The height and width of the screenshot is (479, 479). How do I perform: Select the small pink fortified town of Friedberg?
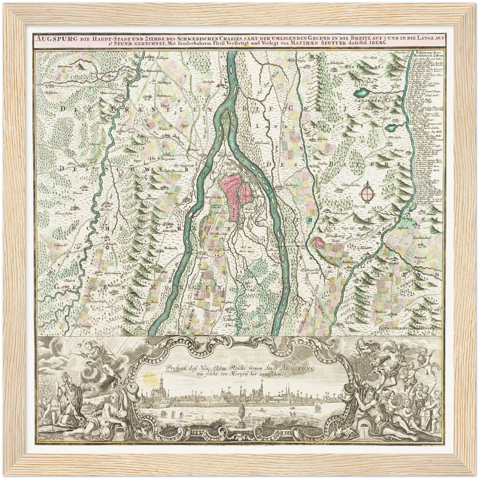(x=319, y=243)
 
